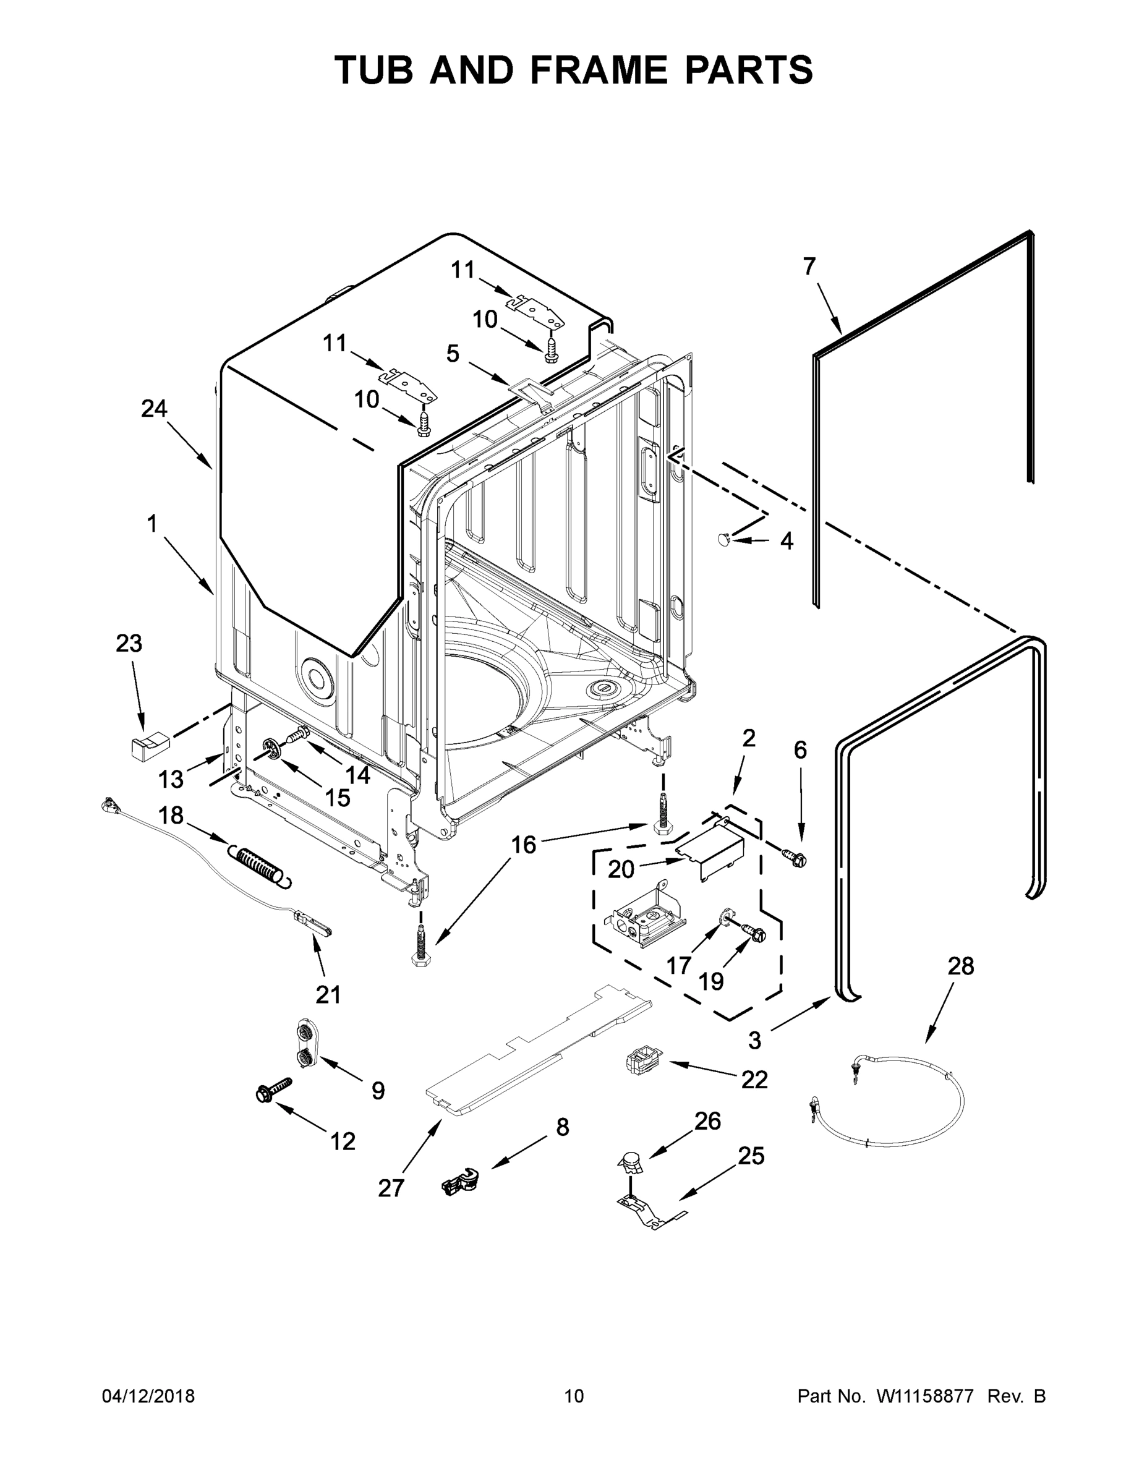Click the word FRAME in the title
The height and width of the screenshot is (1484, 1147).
pyautogui.click(x=598, y=70)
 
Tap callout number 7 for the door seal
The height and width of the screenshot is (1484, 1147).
pyautogui.click(x=809, y=267)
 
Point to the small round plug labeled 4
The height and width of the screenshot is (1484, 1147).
pyautogui.click(x=723, y=540)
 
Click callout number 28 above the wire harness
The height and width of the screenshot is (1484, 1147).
pyautogui.click(x=960, y=966)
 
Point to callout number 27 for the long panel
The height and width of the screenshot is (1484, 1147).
pyautogui.click(x=391, y=1188)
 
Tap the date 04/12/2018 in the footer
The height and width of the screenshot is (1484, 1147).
pyautogui.click(x=148, y=1396)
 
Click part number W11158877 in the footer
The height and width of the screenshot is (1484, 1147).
pyautogui.click(x=925, y=1396)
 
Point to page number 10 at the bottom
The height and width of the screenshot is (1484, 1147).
pyautogui.click(x=574, y=1396)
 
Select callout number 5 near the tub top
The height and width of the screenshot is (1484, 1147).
pyautogui.click(x=453, y=353)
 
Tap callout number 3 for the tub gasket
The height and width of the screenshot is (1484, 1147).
pyautogui.click(x=755, y=1039)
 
